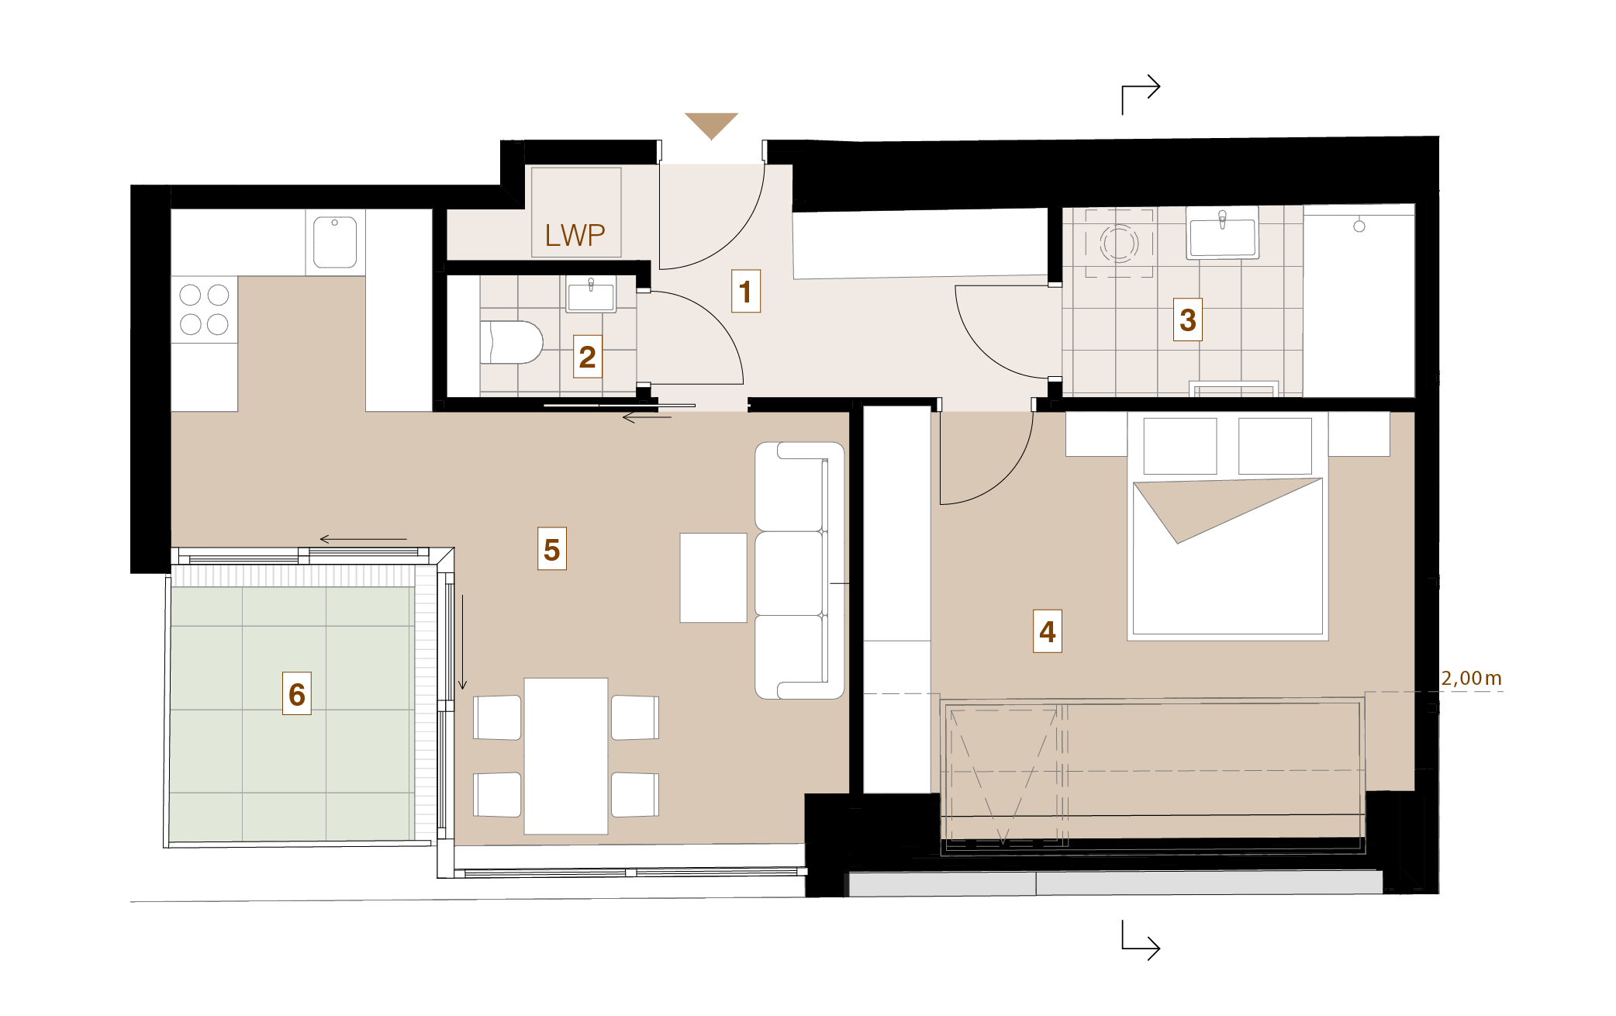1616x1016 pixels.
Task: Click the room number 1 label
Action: pyautogui.click(x=746, y=292)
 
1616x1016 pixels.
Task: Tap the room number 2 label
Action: pyautogui.click(x=588, y=357)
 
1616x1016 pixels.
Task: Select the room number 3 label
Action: pyautogui.click(x=1188, y=320)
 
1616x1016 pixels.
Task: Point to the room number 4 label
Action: pyautogui.click(x=1048, y=631)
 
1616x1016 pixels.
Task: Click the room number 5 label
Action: pyautogui.click(x=552, y=549)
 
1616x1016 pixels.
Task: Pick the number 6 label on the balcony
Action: pyautogui.click(x=297, y=693)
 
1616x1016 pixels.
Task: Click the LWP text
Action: pyautogui.click(x=575, y=235)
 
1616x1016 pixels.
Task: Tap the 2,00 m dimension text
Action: pyautogui.click(x=1471, y=679)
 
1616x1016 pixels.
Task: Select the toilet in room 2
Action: pyautogui.click(x=511, y=342)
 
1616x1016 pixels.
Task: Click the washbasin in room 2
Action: pyautogui.click(x=591, y=295)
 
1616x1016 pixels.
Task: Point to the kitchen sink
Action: pyautogui.click(x=335, y=242)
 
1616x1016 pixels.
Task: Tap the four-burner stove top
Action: pyautogui.click(x=204, y=309)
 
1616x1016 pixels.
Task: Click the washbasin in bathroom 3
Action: pyautogui.click(x=1222, y=233)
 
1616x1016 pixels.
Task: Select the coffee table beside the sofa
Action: pyautogui.click(x=713, y=577)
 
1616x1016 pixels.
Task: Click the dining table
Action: pyautogui.click(x=566, y=756)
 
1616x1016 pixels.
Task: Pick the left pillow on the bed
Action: pyautogui.click(x=1180, y=446)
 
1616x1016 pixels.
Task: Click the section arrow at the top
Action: pyautogui.click(x=1141, y=94)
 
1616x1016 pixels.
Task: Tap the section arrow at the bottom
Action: pyautogui.click(x=1141, y=940)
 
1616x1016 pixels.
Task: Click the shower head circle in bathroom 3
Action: pyautogui.click(x=1359, y=226)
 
